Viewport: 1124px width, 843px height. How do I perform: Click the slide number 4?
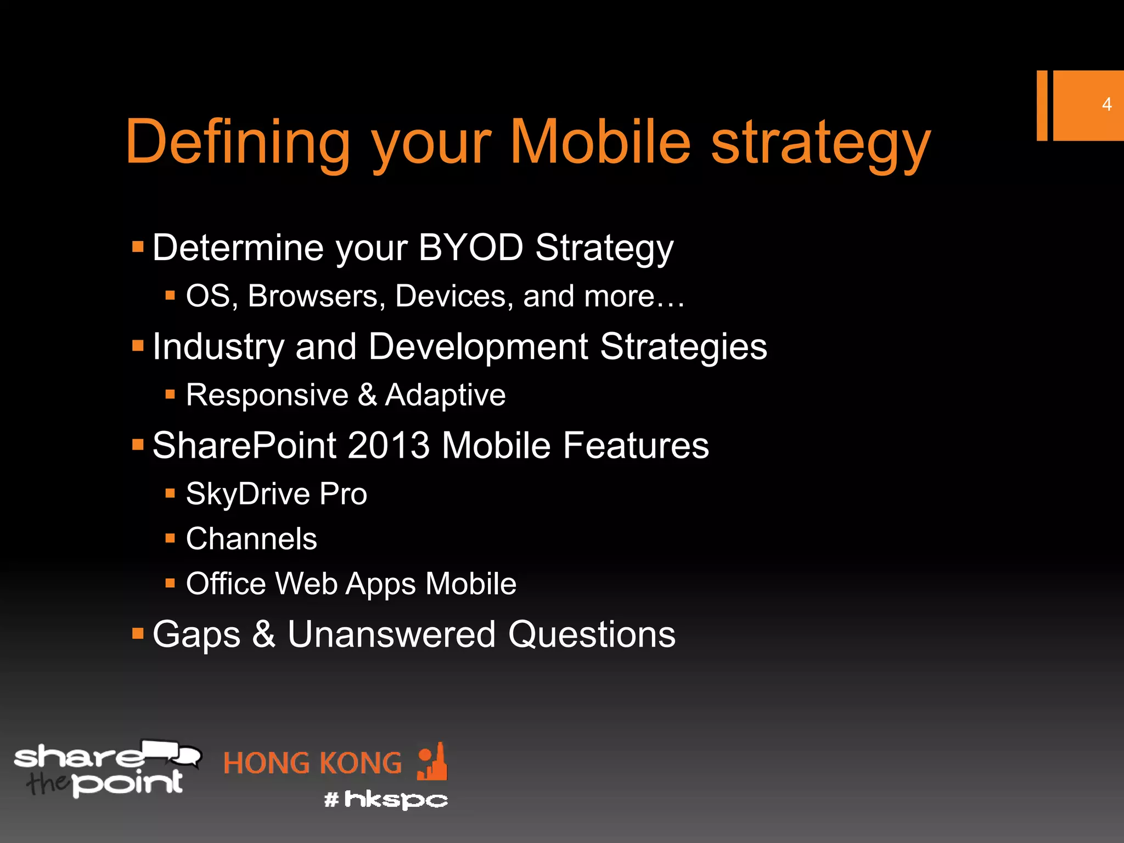coord(1106,104)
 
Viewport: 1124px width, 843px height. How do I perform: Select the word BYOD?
coord(470,248)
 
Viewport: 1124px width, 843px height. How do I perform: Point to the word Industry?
coord(218,347)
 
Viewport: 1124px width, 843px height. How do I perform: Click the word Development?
coord(478,347)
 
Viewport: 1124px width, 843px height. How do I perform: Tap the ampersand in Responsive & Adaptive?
coord(367,395)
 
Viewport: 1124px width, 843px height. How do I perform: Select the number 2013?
coord(388,445)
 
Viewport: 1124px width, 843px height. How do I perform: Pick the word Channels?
coord(251,538)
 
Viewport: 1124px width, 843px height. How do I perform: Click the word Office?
coord(226,583)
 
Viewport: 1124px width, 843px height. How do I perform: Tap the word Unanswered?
coord(391,634)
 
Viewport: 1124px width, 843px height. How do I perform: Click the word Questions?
coord(591,634)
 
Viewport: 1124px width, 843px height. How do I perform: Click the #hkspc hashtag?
coord(386,800)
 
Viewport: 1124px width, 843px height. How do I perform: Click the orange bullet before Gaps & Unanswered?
coord(138,634)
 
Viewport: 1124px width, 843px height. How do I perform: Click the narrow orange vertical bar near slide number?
coord(1042,105)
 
